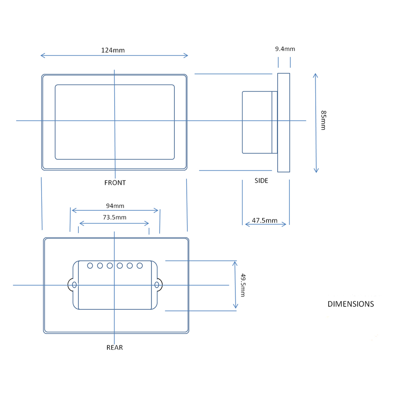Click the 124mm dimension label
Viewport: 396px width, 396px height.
pos(113,50)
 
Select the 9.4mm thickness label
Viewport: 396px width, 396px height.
pos(285,49)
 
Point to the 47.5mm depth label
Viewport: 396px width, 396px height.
pos(265,221)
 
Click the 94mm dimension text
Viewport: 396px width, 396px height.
pos(115,206)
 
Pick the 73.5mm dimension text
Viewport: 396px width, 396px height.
pos(114,217)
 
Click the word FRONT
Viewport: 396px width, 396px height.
pos(115,183)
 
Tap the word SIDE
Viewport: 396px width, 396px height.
pos(261,181)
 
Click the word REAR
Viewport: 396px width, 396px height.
pos(114,348)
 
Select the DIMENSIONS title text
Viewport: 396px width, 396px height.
pos(350,304)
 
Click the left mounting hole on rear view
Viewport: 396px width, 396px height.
pos(74,285)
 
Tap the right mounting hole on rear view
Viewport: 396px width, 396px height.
pos(157,285)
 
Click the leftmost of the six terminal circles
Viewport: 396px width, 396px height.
pos(90,266)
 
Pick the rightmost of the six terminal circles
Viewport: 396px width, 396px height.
pos(139,266)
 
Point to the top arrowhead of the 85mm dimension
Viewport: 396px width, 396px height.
pos(315,75)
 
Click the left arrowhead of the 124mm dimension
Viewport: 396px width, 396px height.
pos(42,55)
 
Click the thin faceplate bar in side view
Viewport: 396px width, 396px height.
pos(284,123)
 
